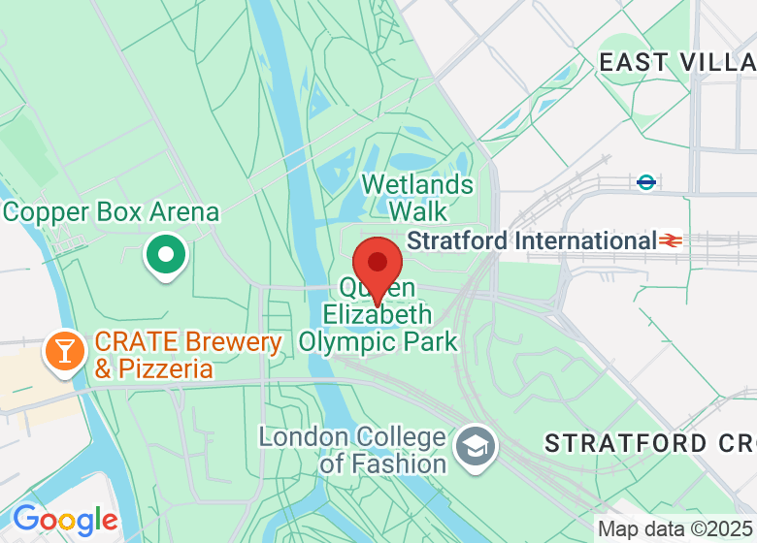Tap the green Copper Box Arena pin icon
[166, 256]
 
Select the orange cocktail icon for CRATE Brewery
[65, 351]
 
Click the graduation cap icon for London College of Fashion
[476, 447]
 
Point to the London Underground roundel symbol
[646, 181]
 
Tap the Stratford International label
[532, 240]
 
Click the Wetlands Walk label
[417, 198]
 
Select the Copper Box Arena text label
[112, 211]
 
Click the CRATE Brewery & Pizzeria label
[188, 355]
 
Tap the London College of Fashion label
[352, 450]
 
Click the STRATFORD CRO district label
[649, 444]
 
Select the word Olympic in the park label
[346, 341]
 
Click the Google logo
[65, 521]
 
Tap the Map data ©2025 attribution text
[675, 529]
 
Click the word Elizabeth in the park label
[378, 315]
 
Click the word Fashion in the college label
[395, 463]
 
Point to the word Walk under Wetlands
[418, 211]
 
